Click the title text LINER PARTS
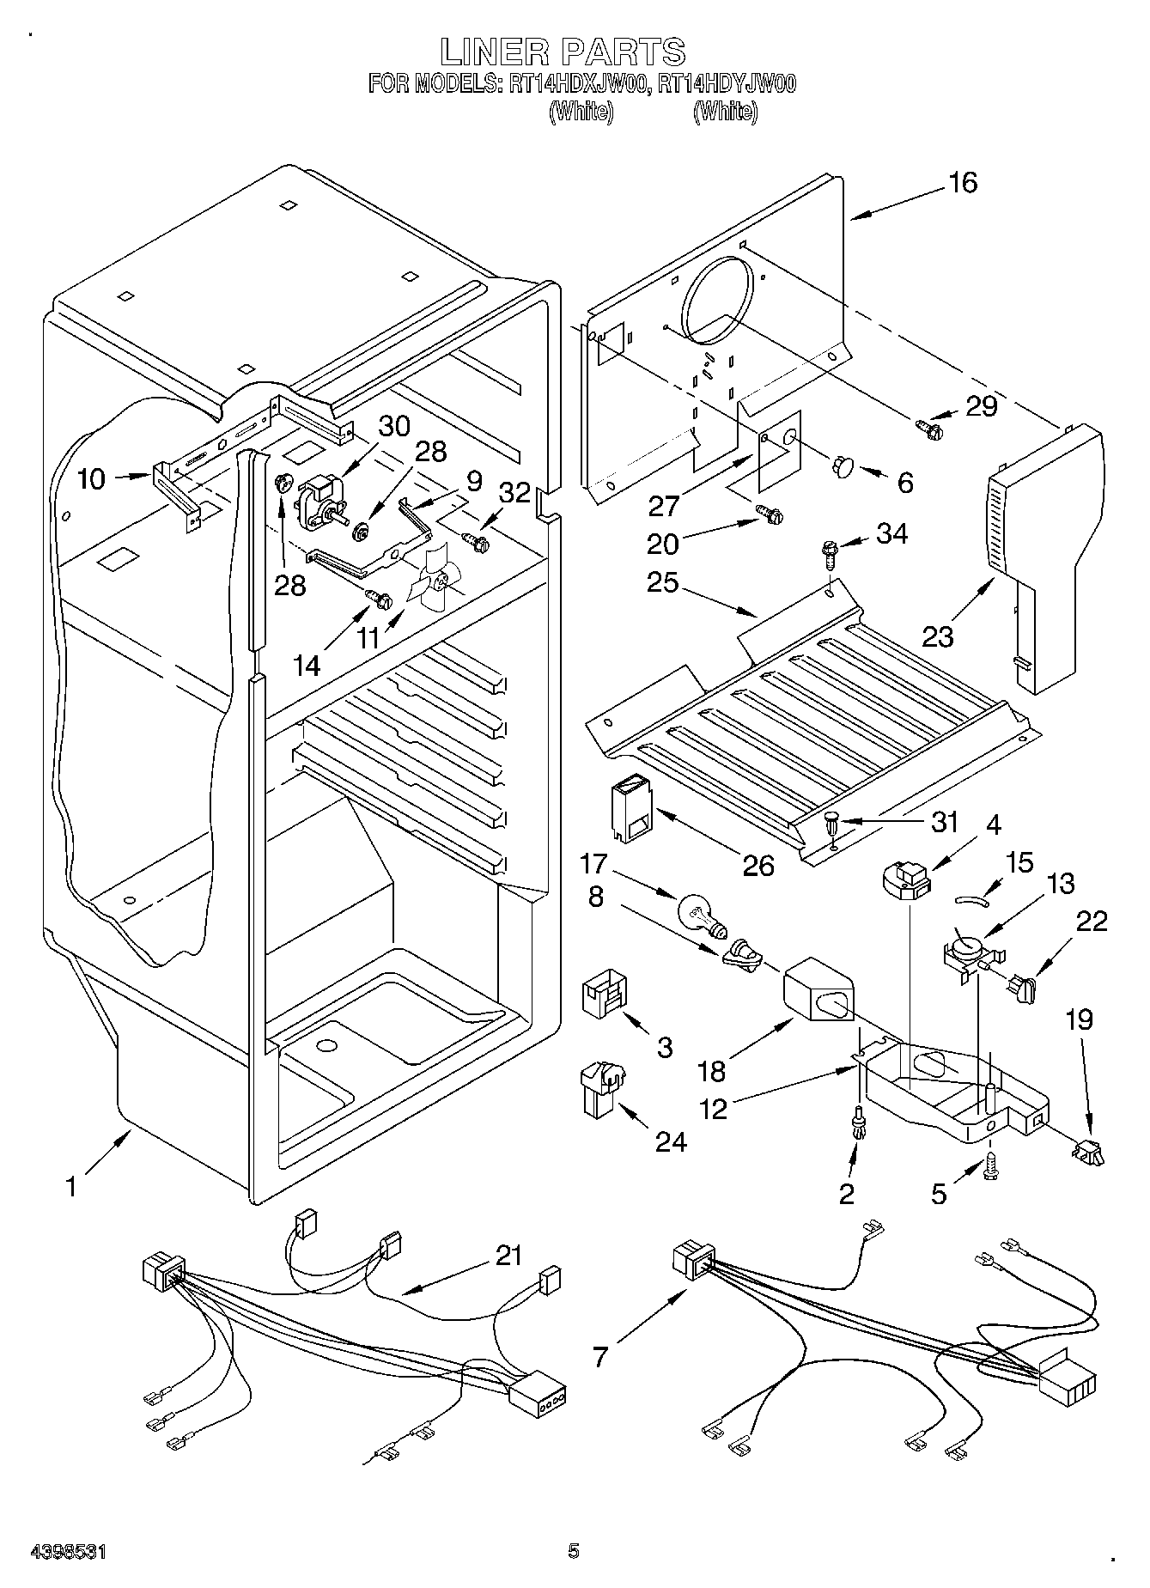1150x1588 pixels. pos(563,53)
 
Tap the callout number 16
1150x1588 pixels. pos(963,183)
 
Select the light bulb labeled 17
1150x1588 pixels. pos(701,913)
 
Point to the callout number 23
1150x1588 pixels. pos(938,636)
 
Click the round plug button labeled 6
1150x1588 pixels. pos(842,466)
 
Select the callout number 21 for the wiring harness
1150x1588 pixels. pos(508,1256)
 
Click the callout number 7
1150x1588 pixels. pos(599,1357)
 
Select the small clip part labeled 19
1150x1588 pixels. pos(1089,1151)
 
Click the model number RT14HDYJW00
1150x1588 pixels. pos(724,84)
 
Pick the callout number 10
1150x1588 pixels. pos(91,479)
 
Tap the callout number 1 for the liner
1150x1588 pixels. pos(72,1186)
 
